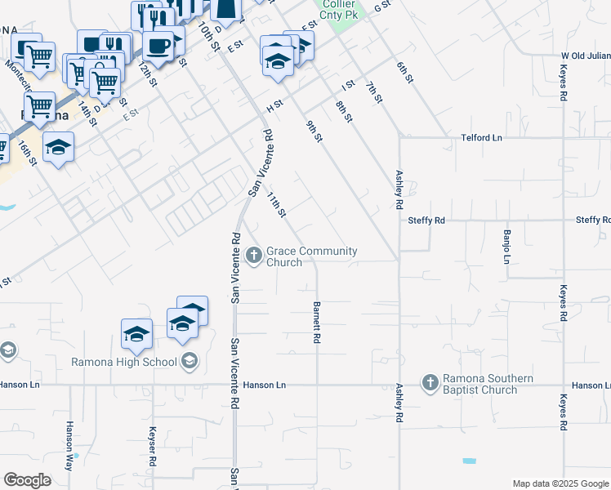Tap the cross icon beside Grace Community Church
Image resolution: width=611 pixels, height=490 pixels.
[x=254, y=256]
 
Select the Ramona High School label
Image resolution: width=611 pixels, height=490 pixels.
[x=123, y=362]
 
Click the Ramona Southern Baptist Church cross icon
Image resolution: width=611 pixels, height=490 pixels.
[x=430, y=382]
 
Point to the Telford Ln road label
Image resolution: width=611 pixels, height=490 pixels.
[x=481, y=138]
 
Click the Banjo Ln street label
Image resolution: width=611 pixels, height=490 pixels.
[x=506, y=245]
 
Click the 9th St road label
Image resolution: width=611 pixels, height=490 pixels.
[x=314, y=131]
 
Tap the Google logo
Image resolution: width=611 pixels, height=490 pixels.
[x=27, y=480]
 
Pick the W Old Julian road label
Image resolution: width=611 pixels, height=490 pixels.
[x=585, y=56]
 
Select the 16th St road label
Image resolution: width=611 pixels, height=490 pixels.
[x=29, y=151]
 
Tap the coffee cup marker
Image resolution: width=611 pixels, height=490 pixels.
[x=158, y=46]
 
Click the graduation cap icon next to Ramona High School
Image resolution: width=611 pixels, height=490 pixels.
[x=190, y=360]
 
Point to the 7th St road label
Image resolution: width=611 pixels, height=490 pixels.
[x=374, y=91]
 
